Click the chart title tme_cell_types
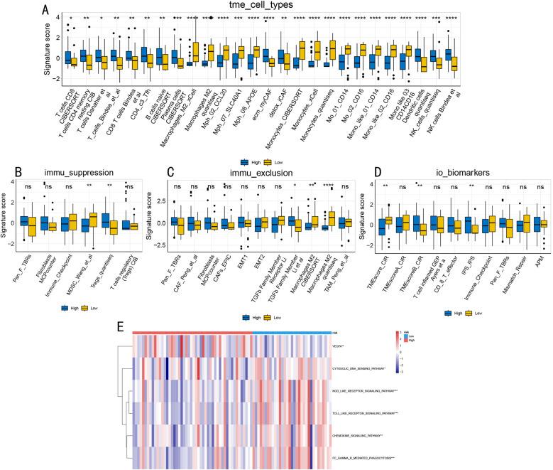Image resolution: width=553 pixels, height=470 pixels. point(291,6)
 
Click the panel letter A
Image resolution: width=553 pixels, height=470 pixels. point(45,11)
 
